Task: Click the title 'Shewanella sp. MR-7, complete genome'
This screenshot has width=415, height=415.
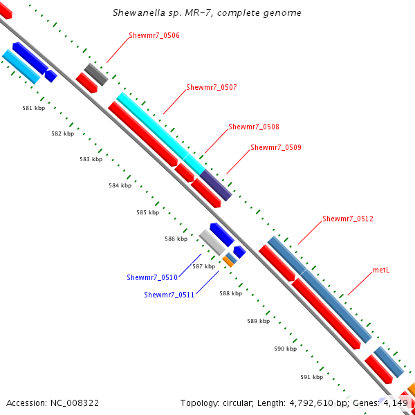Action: (x=207, y=13)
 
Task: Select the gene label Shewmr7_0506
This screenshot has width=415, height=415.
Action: (x=154, y=35)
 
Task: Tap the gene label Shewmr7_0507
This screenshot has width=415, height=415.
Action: (x=212, y=87)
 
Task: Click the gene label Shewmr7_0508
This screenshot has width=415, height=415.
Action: (x=254, y=127)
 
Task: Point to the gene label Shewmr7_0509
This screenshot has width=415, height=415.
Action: (x=276, y=147)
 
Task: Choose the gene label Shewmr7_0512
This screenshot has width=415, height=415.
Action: (x=348, y=219)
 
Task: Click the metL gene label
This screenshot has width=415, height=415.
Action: (x=381, y=270)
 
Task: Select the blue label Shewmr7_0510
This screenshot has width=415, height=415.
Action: (x=152, y=277)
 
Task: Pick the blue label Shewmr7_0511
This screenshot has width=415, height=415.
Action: (x=169, y=295)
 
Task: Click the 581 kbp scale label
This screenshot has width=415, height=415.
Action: (x=33, y=108)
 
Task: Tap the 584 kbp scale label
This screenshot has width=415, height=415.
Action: (x=120, y=185)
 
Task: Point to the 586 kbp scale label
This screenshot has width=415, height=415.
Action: (x=176, y=239)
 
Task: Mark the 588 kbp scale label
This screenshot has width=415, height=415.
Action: (x=231, y=293)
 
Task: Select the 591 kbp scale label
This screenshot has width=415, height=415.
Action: (x=312, y=377)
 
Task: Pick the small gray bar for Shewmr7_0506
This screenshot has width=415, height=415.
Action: (x=96, y=74)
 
